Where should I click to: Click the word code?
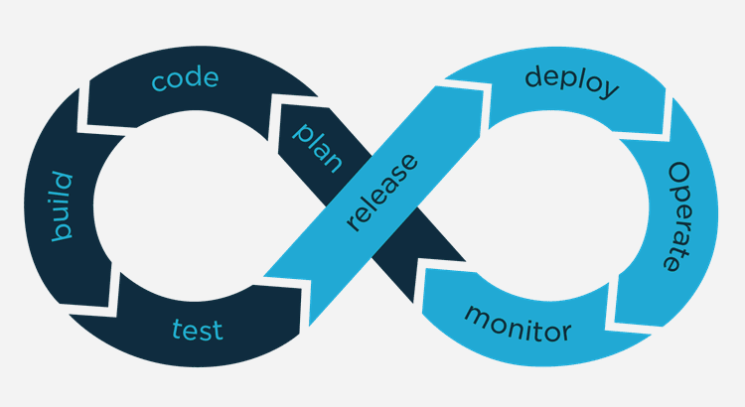(x=185, y=78)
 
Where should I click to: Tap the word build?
(x=62, y=206)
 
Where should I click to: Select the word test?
(x=198, y=330)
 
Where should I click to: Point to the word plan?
(x=317, y=147)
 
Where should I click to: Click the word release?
(x=382, y=193)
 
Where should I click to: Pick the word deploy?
(x=571, y=81)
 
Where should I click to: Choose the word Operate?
(x=678, y=216)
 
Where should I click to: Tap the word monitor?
(x=518, y=325)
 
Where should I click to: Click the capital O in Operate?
(x=679, y=173)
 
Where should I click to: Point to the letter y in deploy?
(x=609, y=89)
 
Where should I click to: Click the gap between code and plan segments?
(x=274, y=120)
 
